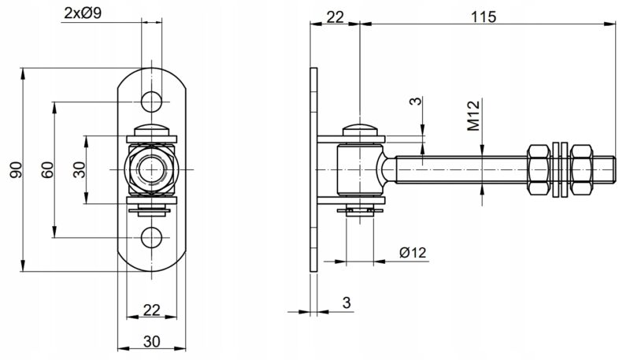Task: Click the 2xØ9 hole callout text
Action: pyautogui.click(x=83, y=13)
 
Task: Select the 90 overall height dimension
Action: pyautogui.click(x=16, y=169)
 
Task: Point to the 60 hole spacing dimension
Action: pyautogui.click(x=47, y=169)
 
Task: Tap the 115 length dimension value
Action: pyautogui.click(x=484, y=17)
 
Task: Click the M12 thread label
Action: pyautogui.click(x=474, y=116)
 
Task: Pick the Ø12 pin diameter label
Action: pyautogui.click(x=413, y=252)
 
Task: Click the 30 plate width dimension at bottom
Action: pyautogui.click(x=151, y=342)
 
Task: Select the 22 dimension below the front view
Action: pyautogui.click(x=151, y=310)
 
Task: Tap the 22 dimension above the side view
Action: pyautogui.click(x=335, y=17)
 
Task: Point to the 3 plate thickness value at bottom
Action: pyautogui.click(x=346, y=302)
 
